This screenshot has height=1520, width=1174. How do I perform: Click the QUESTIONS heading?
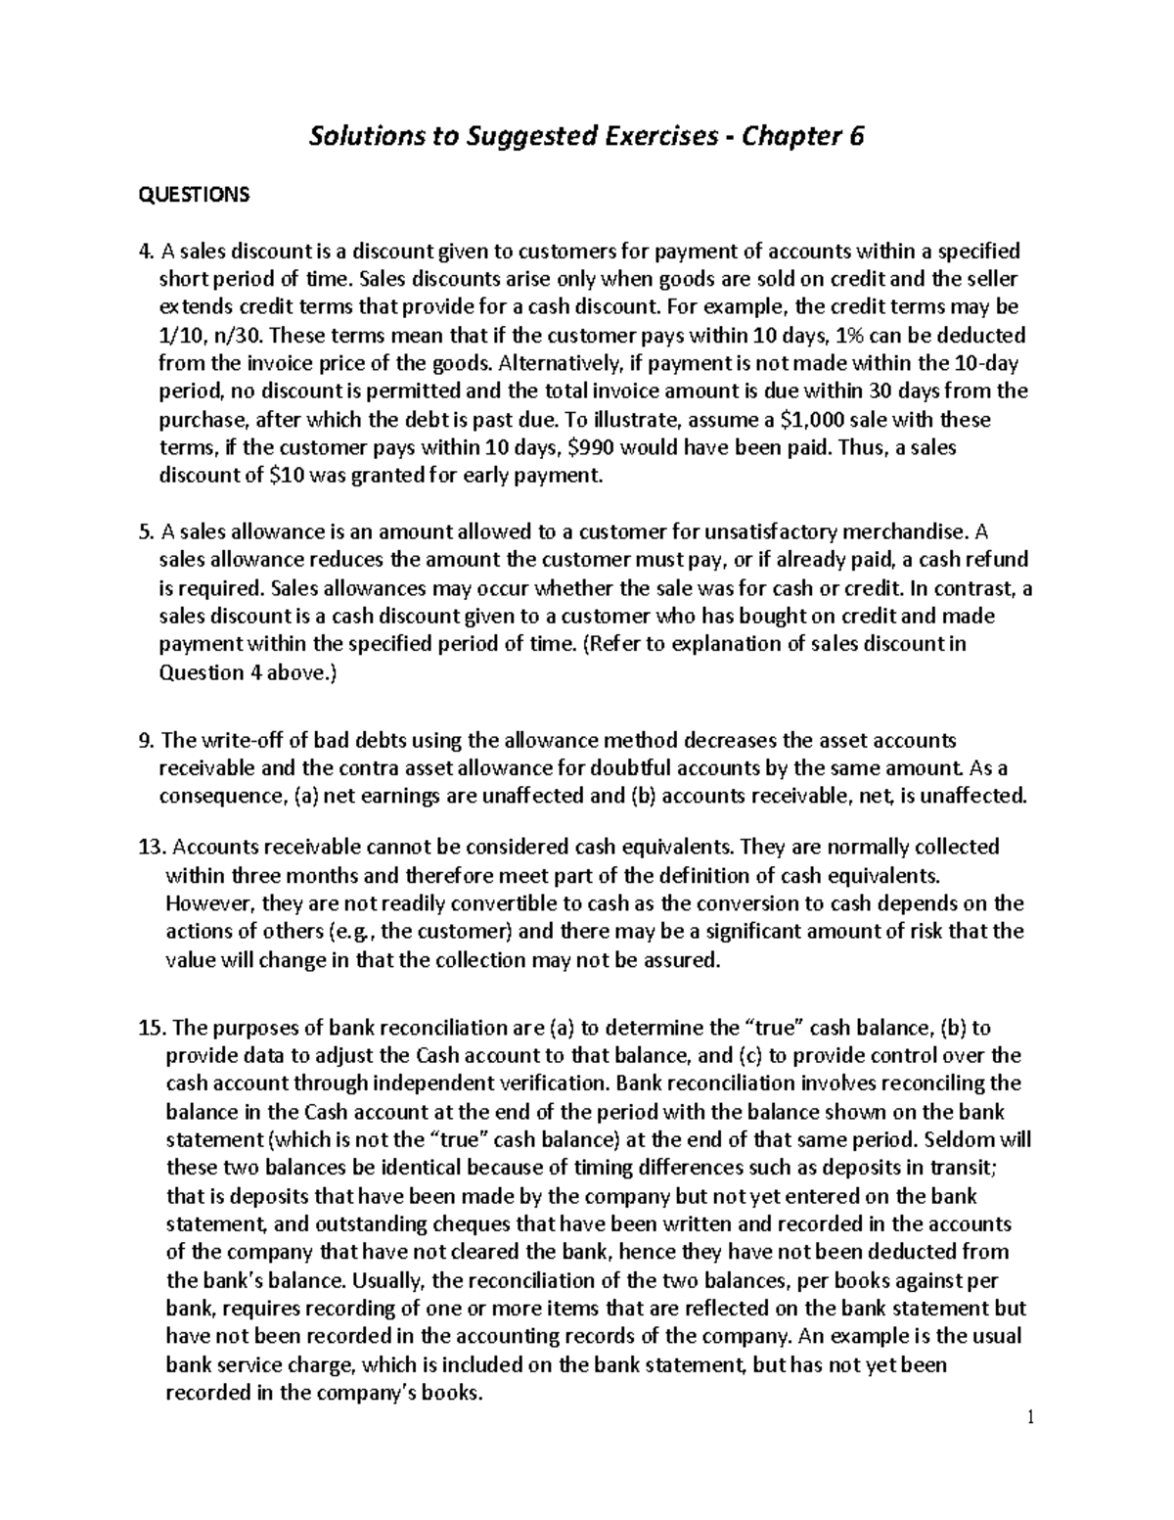coord(194,195)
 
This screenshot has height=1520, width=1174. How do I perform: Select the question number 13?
coord(153,846)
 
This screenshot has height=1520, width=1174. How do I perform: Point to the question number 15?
coord(153,1028)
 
